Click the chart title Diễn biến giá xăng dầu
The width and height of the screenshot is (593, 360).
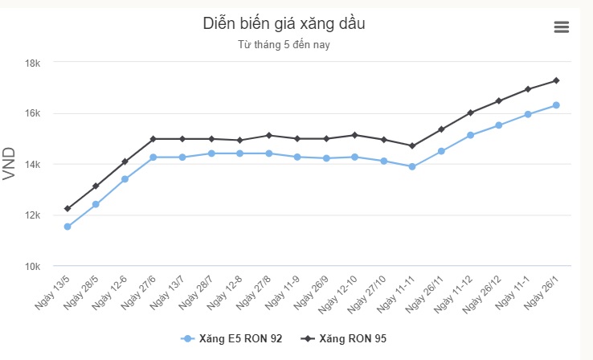[284, 24]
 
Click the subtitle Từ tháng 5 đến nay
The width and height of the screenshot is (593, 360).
[284, 45]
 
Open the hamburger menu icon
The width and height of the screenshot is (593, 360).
[562, 27]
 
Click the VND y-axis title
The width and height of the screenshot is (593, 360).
[10, 164]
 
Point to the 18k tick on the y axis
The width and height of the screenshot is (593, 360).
[41, 63]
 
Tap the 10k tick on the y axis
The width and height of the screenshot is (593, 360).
[41, 266]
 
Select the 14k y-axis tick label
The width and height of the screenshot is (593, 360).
[41, 164]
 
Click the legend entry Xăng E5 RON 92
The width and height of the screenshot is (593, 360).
[233, 339]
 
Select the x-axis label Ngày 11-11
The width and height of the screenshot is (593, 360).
[396, 291]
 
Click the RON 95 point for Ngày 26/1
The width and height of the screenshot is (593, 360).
[556, 80]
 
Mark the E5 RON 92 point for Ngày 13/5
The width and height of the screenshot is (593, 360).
[67, 227]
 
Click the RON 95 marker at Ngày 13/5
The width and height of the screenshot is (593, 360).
[67, 209]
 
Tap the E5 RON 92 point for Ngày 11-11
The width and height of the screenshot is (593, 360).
[412, 167]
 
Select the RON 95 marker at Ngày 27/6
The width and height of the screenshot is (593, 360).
[153, 139]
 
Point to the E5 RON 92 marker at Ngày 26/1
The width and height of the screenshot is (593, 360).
[556, 105]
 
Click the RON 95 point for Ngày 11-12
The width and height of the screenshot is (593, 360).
[470, 112]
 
